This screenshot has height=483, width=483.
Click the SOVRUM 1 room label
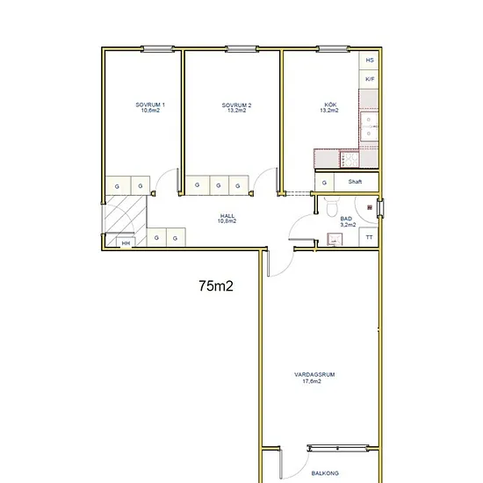150,107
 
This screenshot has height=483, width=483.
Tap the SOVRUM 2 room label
236,108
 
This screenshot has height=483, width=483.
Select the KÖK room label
329,107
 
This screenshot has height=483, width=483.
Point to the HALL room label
227,219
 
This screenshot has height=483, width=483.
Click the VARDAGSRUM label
314,378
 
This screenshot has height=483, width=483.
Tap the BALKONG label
325,473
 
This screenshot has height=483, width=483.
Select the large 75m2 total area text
216,286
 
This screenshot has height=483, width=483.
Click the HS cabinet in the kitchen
369,61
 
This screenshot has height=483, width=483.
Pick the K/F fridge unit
369,79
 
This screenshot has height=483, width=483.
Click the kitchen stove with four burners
350,160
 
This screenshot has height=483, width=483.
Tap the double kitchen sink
369,126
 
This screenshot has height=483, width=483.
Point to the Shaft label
355,182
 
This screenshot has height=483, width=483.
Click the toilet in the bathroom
332,206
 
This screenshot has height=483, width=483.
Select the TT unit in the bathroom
369,237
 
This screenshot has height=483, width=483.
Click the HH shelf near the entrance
126,242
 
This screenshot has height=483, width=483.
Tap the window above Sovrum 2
241,48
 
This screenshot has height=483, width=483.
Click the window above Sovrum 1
157,48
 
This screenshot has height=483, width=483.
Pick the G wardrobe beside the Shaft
324,183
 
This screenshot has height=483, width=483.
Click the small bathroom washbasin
335,239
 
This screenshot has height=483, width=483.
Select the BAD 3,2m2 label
348,222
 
